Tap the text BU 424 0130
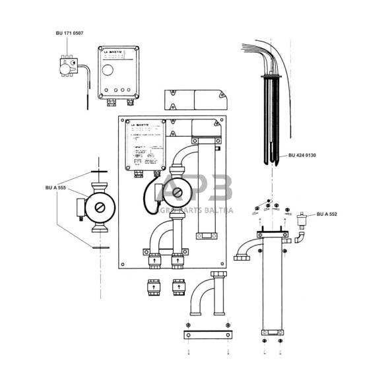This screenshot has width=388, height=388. point(303,156)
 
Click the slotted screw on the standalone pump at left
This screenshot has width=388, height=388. point(100,207)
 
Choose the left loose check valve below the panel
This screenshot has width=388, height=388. point(154,288)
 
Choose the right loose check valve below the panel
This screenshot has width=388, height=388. point(178,288)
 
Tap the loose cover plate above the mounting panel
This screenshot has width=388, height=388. point(195,99)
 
